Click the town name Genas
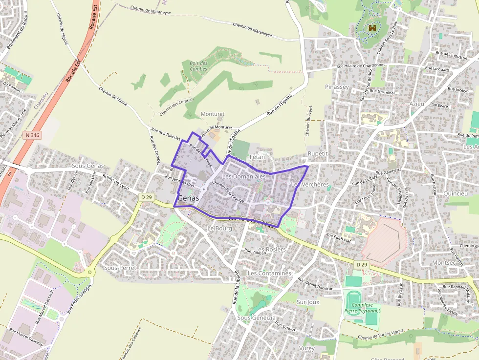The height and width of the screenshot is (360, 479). coord(188,198)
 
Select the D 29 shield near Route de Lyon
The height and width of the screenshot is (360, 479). coord(145,197)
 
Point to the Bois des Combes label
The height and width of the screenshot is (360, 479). coord(198,66)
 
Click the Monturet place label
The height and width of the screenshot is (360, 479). coord(213,114)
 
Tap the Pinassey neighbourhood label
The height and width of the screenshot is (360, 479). coord(337,86)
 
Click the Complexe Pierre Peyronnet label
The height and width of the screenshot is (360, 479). coord(362,307)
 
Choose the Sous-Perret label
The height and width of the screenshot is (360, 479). coord(120,268)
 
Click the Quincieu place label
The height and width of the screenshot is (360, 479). coord(455,193)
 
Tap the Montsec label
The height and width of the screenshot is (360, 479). coord(444,262)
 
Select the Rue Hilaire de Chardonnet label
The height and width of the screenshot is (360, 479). coord(361,66)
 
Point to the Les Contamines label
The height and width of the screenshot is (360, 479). coord(269,273)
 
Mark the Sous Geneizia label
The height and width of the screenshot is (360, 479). coord(256,318)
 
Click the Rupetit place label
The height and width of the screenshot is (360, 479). coord(317,153)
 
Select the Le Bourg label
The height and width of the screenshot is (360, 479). coord(219,228)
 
